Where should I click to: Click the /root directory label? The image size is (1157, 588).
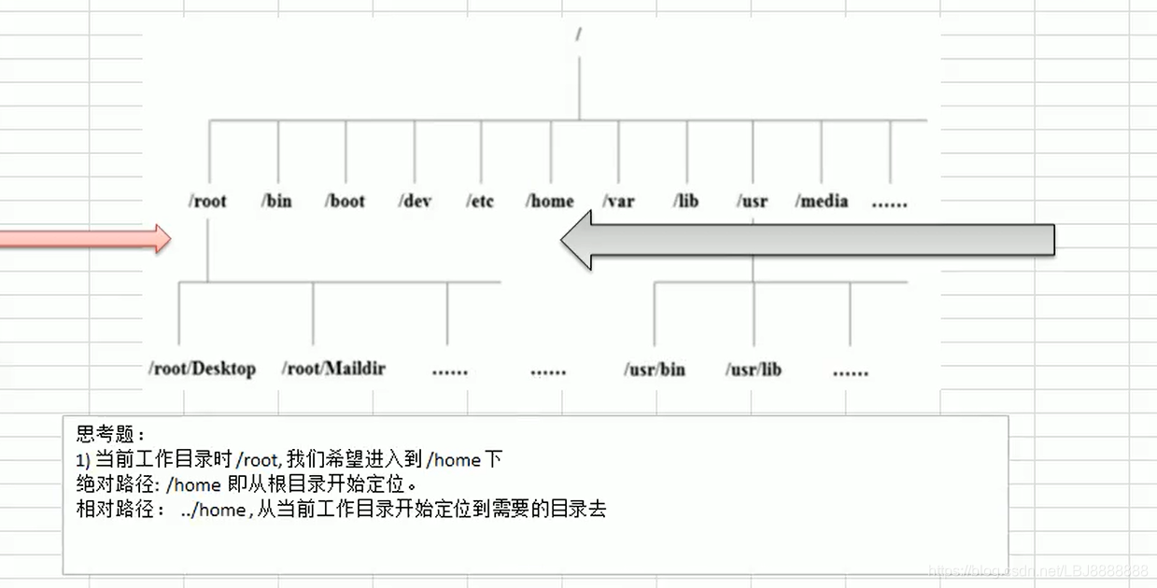coord(208,201)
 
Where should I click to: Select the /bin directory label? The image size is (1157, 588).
coord(276,201)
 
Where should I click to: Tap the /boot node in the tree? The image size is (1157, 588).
coord(345,201)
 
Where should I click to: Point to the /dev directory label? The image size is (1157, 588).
coord(415,201)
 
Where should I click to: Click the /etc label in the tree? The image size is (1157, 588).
coord(480,201)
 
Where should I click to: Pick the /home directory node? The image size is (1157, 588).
coord(549,201)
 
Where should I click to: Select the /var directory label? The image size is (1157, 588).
coord(618,201)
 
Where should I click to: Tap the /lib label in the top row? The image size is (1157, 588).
coord(685,201)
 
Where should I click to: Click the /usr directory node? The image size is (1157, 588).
coord(752,201)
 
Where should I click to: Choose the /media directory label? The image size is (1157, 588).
coord(822,201)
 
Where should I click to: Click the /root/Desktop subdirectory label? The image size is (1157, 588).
coord(202,369)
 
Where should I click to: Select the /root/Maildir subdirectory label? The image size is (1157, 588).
coord(333,369)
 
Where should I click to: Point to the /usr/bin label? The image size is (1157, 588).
coord(655,370)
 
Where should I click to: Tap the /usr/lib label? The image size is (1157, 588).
coord(754,370)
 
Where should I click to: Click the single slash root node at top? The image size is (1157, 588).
coord(579,35)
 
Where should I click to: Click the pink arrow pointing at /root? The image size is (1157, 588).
coord(84,238)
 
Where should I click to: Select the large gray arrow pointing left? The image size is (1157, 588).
coord(807,240)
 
